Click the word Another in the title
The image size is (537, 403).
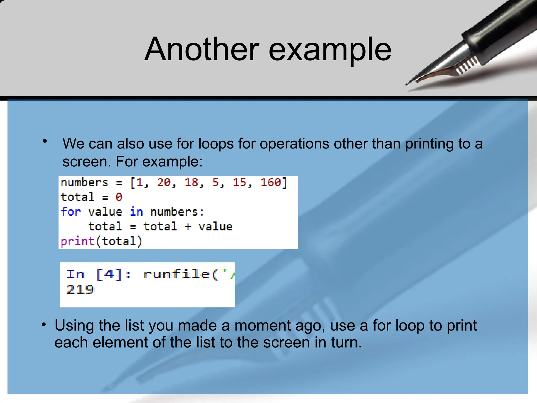(x=202, y=49)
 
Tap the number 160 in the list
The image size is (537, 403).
(x=271, y=182)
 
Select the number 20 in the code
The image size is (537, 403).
(x=164, y=182)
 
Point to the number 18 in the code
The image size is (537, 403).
(x=191, y=182)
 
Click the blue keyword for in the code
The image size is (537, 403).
(x=71, y=212)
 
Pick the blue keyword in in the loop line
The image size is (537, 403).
(x=136, y=212)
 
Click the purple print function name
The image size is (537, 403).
(x=77, y=241)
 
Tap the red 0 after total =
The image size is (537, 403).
(x=119, y=197)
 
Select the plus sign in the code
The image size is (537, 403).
(x=188, y=227)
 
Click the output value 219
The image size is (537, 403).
(x=80, y=290)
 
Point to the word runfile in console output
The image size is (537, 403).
(x=176, y=274)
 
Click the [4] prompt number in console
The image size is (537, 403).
(x=109, y=274)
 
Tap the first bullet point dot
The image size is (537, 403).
(x=45, y=141)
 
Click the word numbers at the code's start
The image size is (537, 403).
(x=84, y=182)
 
